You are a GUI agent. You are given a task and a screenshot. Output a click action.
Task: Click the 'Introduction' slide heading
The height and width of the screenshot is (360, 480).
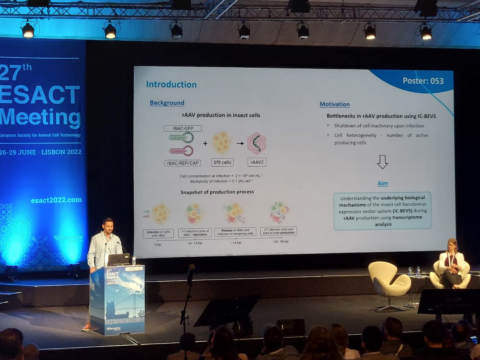pyautogui.click(x=171, y=85)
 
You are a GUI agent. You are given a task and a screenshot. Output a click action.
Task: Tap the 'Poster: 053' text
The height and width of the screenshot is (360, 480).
pyautogui.click(x=423, y=81)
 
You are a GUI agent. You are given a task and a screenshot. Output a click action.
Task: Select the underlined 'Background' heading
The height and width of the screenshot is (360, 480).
pyautogui.click(x=167, y=103)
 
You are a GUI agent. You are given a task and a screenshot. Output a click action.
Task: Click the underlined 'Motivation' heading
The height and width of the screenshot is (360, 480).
pyautogui.click(x=334, y=104)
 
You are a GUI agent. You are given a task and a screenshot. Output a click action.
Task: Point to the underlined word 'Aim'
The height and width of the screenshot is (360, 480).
pyautogui.click(x=382, y=183)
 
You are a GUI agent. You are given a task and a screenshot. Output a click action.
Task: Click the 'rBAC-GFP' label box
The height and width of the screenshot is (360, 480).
pyautogui.click(x=183, y=128)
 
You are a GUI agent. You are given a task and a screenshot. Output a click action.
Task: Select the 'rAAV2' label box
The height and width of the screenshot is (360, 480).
pyautogui.click(x=257, y=162)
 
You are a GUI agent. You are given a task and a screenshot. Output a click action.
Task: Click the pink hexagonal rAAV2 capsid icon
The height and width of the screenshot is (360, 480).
pyautogui.click(x=257, y=143)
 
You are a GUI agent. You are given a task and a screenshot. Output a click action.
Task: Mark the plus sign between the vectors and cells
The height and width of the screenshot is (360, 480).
pyautogui.click(x=205, y=143)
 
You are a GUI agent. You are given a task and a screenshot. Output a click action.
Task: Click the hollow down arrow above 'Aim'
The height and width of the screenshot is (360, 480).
pyautogui.click(x=382, y=162)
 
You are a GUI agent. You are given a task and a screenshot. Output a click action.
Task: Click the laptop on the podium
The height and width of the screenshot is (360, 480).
pyautogui.click(x=118, y=260)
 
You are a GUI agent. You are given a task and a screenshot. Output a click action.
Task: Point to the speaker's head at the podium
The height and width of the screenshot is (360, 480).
pyautogui.click(x=108, y=226)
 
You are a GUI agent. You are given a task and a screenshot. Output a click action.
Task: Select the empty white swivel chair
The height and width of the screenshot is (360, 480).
pyautogui.click(x=389, y=280)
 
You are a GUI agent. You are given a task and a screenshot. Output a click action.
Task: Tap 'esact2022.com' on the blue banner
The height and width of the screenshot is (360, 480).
pyautogui.click(x=56, y=200)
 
